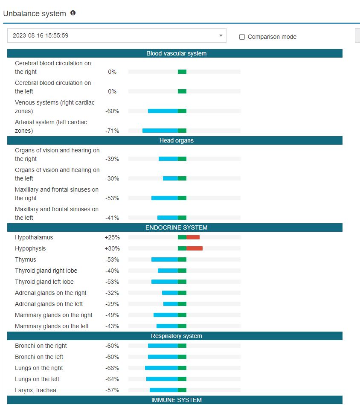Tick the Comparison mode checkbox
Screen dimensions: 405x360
tap(242, 37)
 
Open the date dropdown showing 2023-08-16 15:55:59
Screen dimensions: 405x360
tap(116, 35)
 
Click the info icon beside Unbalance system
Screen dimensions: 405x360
tap(73, 13)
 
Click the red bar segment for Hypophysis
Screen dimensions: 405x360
tap(195, 248)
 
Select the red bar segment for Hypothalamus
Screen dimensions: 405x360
tap(193, 237)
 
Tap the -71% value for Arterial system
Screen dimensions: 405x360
tap(112, 131)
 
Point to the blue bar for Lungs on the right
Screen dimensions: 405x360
tap(161, 368)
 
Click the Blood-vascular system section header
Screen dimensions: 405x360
tap(176, 53)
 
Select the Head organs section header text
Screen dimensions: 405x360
tap(176, 140)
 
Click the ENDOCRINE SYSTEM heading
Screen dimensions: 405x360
tap(176, 227)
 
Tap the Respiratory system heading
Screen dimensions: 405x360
tap(176, 336)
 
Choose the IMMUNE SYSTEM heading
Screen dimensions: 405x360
tap(176, 400)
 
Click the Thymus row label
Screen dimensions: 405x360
tap(26, 259)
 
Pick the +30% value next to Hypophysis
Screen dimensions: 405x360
tap(112, 248)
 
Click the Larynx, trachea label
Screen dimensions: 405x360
tap(35, 390)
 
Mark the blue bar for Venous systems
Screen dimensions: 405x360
tap(163, 111)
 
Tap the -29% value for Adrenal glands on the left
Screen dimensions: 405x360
tap(112, 304)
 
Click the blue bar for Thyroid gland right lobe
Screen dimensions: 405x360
tap(168, 271)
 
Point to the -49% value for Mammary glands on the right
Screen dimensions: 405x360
tap(112, 315)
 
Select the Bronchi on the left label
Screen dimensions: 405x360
tap(39, 357)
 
